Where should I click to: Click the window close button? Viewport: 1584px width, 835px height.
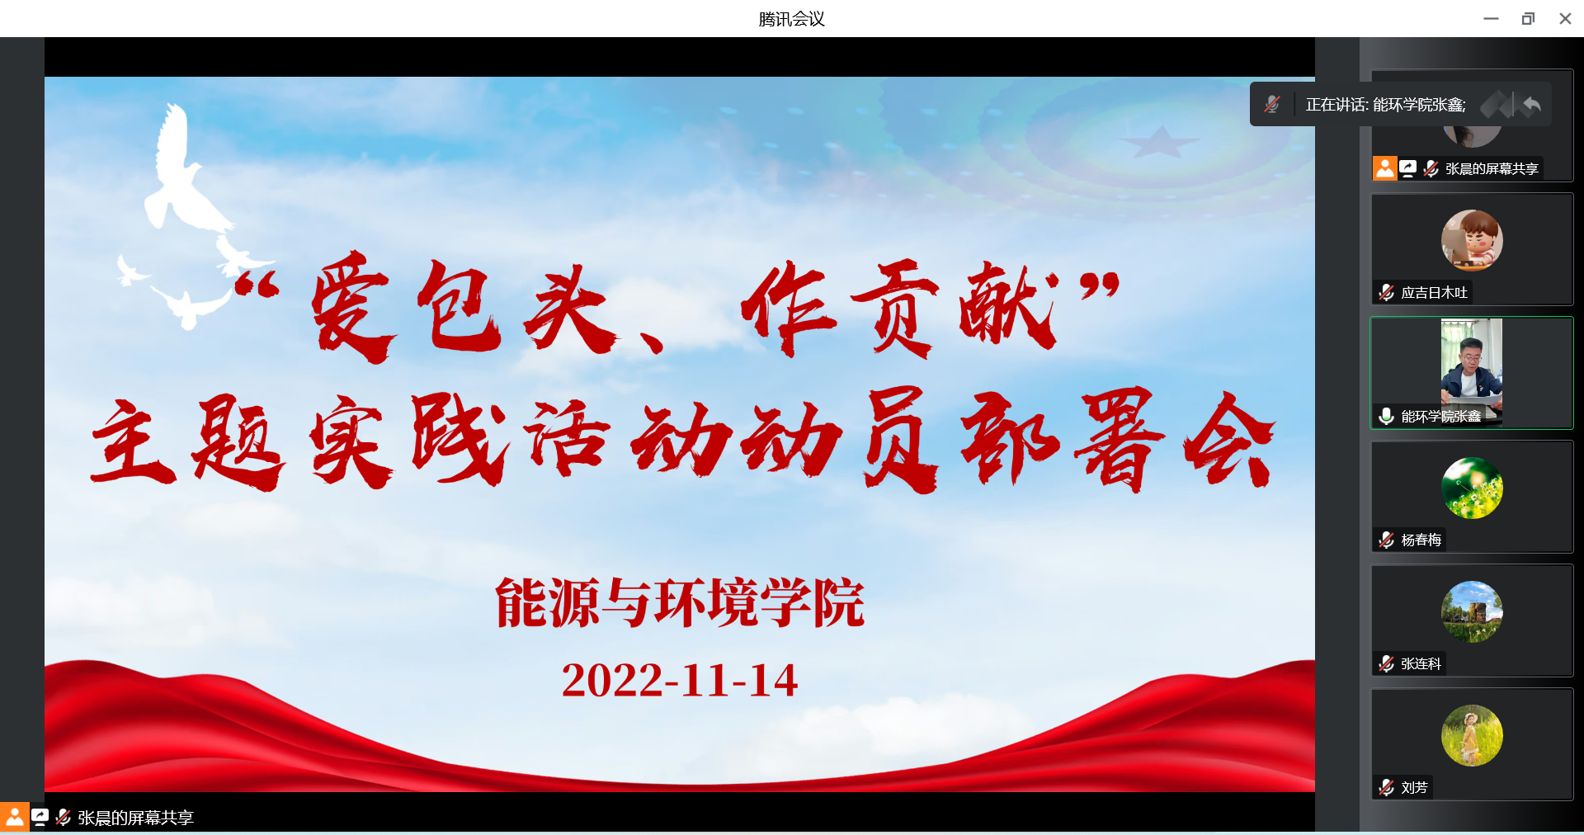(x=1565, y=18)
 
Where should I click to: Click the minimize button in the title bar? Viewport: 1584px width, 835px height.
(x=1491, y=18)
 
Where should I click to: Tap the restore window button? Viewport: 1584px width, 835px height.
(x=1528, y=18)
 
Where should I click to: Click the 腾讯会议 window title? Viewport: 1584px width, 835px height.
(x=791, y=19)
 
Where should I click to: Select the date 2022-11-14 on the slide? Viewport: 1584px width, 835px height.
(x=680, y=681)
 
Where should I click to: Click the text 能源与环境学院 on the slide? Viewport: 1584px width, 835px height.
(x=680, y=602)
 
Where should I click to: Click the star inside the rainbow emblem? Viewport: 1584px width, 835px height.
(x=1160, y=141)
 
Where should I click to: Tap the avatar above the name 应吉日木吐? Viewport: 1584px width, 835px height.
(x=1472, y=240)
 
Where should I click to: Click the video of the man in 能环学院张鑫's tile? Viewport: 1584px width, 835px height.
(x=1472, y=369)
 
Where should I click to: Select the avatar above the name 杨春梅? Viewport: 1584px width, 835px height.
(x=1472, y=488)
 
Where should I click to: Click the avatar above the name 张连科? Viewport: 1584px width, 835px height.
(x=1472, y=611)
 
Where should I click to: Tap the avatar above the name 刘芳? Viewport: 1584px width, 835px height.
(x=1472, y=735)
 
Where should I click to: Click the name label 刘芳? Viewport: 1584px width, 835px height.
(x=1414, y=788)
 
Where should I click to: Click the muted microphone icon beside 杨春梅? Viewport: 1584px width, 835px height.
(x=1386, y=540)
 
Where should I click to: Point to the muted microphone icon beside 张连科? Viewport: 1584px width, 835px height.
(x=1386, y=664)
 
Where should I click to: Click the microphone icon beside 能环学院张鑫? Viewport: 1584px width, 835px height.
(x=1386, y=417)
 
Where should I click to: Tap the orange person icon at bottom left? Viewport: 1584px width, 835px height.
(x=14, y=817)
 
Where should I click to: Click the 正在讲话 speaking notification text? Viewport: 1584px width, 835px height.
(x=1386, y=105)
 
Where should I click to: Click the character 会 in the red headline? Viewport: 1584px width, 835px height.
(x=1228, y=440)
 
